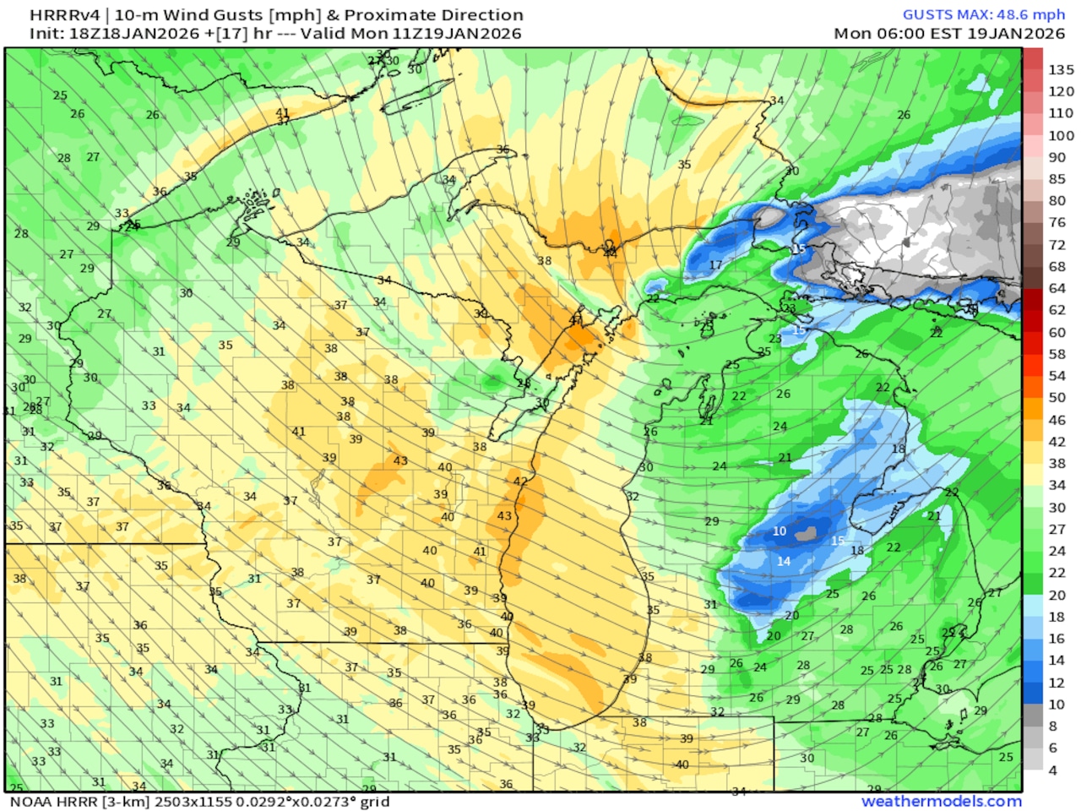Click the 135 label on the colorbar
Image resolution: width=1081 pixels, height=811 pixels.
pos(1061,69)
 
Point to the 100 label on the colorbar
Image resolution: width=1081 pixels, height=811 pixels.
pos(1061,135)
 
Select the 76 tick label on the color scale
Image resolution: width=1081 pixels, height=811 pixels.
pos(1057,222)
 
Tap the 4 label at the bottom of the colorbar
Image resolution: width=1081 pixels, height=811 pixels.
pos(1052,770)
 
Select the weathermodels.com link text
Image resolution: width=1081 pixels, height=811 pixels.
pos(941,801)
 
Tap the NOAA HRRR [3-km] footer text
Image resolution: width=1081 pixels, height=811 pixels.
pos(75,801)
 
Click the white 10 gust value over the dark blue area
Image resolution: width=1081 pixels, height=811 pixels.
pos(780,531)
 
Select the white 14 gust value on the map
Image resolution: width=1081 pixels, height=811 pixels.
pos(784,561)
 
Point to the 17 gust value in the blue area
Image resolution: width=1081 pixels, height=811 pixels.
pos(715,264)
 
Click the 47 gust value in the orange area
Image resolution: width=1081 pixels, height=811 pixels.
pos(575,320)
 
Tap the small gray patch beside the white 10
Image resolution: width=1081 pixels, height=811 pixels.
pos(808,533)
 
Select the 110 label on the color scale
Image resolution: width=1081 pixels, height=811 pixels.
pos(1061,113)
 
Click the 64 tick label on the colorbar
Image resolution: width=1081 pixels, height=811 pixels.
pos(1057,288)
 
